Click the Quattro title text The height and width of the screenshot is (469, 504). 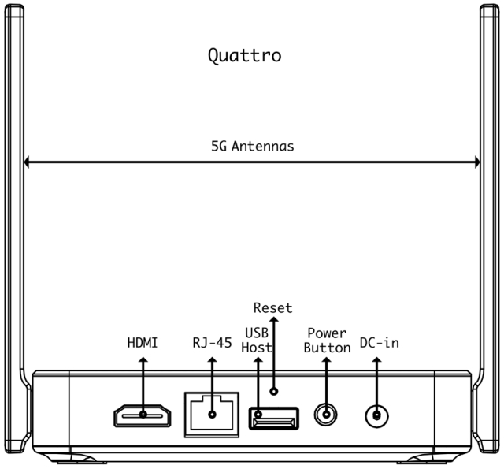tap(244, 56)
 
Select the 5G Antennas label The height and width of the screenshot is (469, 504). tap(252, 146)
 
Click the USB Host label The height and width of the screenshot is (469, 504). tap(257, 340)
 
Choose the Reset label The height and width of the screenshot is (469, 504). tap(272, 307)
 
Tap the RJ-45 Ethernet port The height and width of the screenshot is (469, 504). tap(211, 412)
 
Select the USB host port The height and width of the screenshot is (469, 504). tap(273, 417)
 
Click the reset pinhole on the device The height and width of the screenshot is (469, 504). tap(273, 390)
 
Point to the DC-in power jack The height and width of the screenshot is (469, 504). tap(378, 415)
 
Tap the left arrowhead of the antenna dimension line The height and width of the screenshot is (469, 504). tap(27, 163)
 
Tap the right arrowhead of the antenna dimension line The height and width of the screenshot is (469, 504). tap(477, 163)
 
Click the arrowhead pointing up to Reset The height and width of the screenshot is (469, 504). tap(272, 321)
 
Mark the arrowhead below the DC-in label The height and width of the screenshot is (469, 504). tap(377, 359)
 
